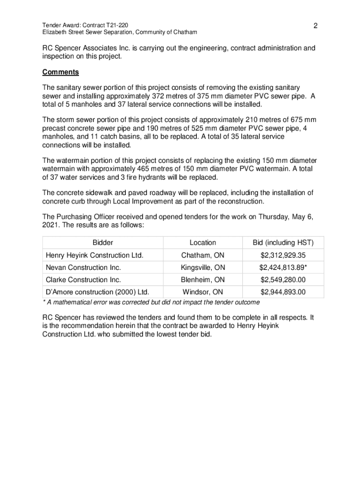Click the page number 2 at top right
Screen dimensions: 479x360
coord(316,26)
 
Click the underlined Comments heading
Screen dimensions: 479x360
coord(60,73)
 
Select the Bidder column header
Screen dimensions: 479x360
coord(103,243)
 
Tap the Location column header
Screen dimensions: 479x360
coord(203,243)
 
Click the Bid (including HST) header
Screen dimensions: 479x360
coord(283,243)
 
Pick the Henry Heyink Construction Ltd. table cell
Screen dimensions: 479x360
coord(94,255)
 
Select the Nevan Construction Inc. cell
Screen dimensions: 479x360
coord(83,268)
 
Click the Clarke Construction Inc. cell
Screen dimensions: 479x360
coord(83,280)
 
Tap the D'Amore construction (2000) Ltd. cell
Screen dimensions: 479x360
coord(97,292)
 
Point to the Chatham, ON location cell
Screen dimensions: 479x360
coord(203,255)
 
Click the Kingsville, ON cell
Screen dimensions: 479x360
coord(203,268)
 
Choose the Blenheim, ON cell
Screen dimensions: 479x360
coord(203,280)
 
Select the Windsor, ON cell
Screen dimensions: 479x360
coord(203,292)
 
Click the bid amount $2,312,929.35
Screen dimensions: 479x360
coord(283,255)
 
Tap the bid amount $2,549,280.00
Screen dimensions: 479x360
coord(283,280)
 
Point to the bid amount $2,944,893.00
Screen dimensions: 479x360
coord(283,292)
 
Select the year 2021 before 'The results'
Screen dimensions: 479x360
coord(50,225)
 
